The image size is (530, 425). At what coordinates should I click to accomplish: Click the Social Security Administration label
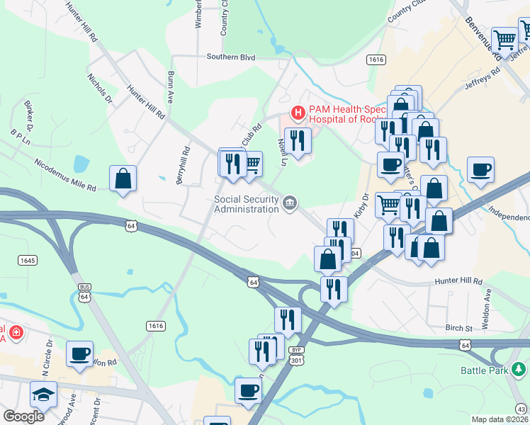[246, 204]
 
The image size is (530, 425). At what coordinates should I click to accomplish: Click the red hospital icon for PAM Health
[298, 113]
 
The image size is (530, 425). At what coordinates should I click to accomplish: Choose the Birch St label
[458, 328]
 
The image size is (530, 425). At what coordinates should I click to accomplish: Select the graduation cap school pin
[43, 394]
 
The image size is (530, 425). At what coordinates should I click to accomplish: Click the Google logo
[23, 416]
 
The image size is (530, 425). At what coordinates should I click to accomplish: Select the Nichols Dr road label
[100, 89]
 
